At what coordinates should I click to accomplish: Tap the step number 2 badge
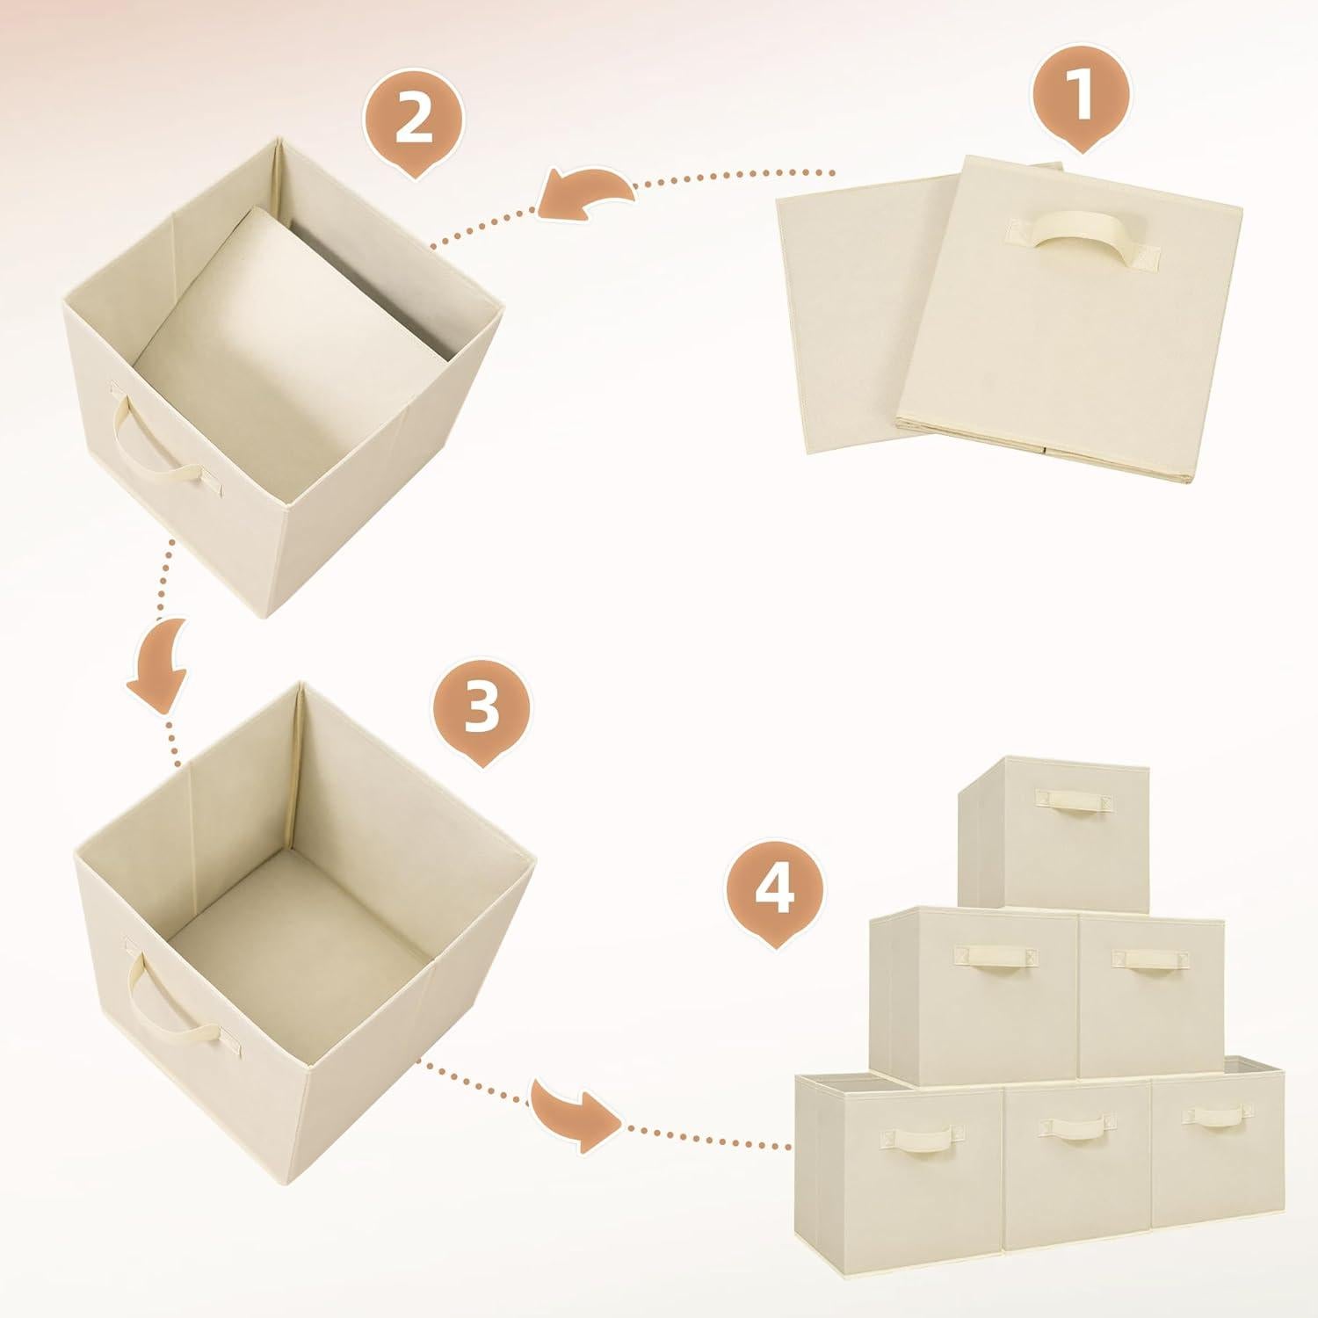(x=414, y=122)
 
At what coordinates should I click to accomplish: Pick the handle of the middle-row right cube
(x=1151, y=959)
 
